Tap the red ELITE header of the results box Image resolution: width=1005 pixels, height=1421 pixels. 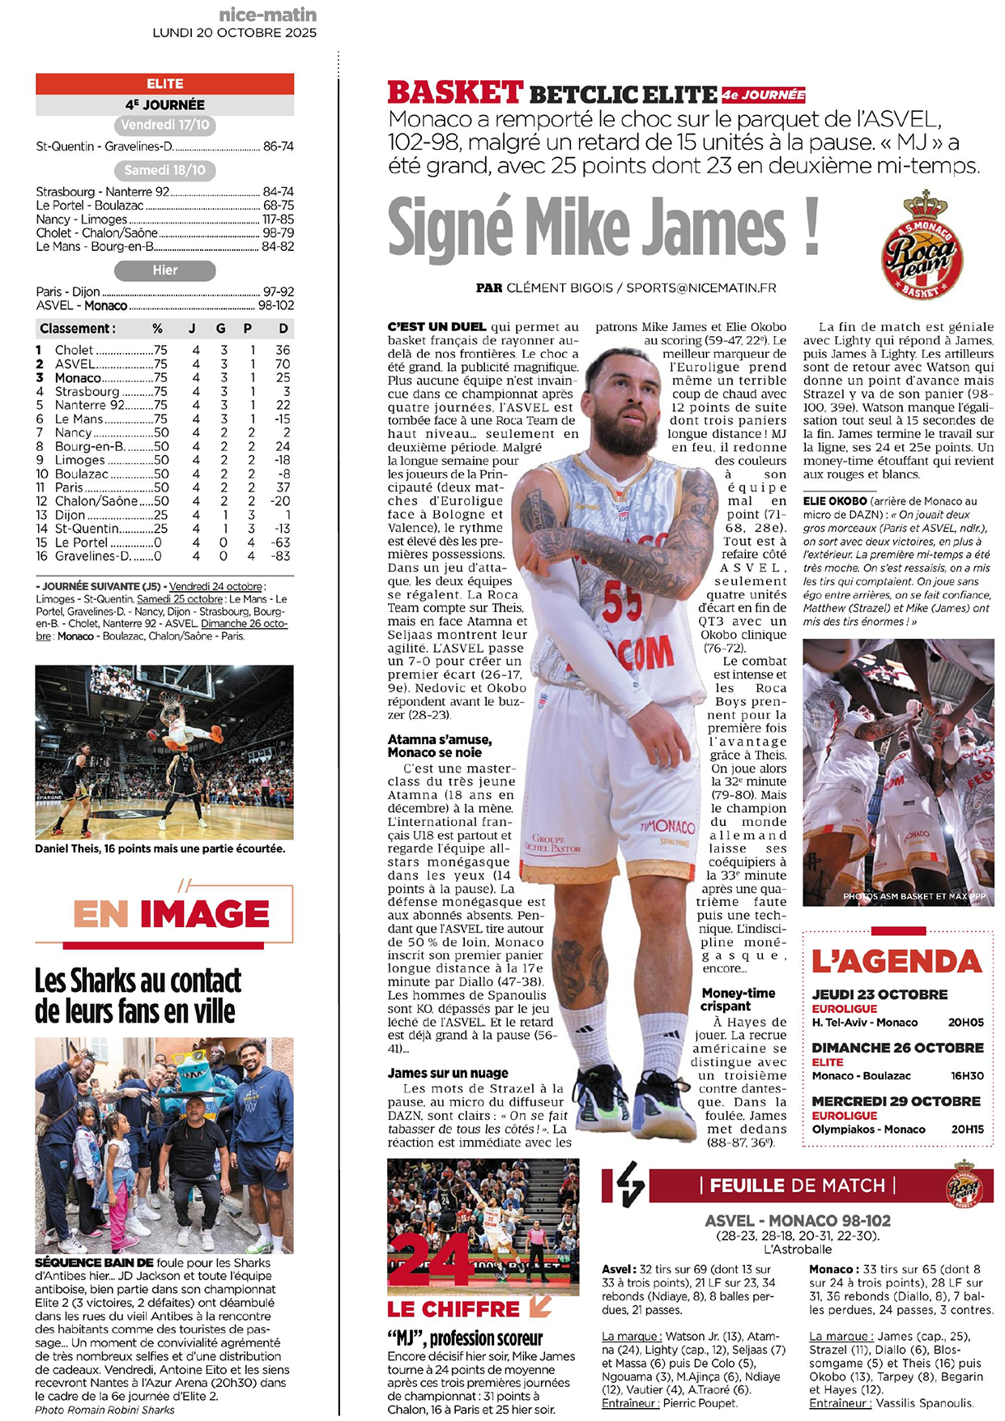pyautogui.click(x=164, y=83)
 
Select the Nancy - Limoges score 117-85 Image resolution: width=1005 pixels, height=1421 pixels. pyautogui.click(x=278, y=219)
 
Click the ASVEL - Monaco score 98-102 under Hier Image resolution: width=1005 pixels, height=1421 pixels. pyautogui.click(x=276, y=305)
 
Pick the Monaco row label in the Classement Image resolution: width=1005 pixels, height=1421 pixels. pyautogui.click(x=78, y=377)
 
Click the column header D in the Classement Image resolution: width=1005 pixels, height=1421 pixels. pyautogui.click(x=283, y=329)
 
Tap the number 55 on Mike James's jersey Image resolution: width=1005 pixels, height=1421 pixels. pyautogui.click(x=622, y=603)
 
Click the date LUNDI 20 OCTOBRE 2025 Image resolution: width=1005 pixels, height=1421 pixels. pyautogui.click(x=235, y=33)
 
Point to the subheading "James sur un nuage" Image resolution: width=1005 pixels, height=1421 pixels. pyautogui.click(x=448, y=1073)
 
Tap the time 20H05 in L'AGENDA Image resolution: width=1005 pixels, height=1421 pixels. pyautogui.click(x=966, y=1023)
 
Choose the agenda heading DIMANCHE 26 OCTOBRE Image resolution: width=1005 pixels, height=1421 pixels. pyautogui.click(x=897, y=1048)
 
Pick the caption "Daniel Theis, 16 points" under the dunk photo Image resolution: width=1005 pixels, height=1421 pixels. pyautogui.click(x=160, y=849)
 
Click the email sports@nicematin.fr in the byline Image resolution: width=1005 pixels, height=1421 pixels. pyautogui.click(x=701, y=287)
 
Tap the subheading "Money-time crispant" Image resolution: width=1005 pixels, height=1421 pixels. pyautogui.click(x=738, y=999)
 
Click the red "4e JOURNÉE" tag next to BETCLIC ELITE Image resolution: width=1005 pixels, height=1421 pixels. pyautogui.click(x=763, y=95)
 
